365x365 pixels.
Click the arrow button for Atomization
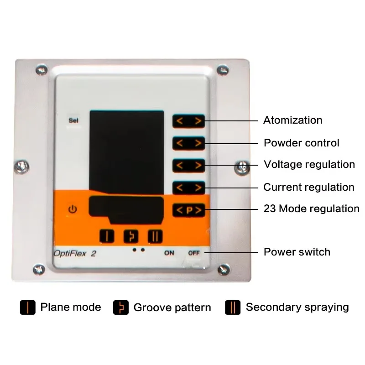pyautogui.click(x=188, y=121)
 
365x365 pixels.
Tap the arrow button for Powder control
pyautogui.click(x=188, y=143)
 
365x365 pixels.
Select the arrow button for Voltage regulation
pyautogui.click(x=188, y=165)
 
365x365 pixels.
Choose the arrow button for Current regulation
pyautogui.click(x=188, y=188)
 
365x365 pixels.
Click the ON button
pyautogui.click(x=169, y=253)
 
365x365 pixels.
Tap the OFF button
pyautogui.click(x=194, y=253)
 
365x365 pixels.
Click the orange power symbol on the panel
pyautogui.click(x=73, y=210)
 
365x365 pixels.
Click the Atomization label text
pyautogui.click(x=292, y=120)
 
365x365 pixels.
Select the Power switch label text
pyautogui.click(x=297, y=252)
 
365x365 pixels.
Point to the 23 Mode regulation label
pyautogui.click(x=311, y=209)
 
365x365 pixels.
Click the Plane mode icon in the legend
pyautogui.click(x=28, y=307)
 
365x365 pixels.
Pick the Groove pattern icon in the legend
pyautogui.click(x=120, y=308)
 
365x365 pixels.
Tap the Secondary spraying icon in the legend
pyautogui.click(x=233, y=308)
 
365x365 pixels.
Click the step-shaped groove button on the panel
pyautogui.click(x=131, y=236)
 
